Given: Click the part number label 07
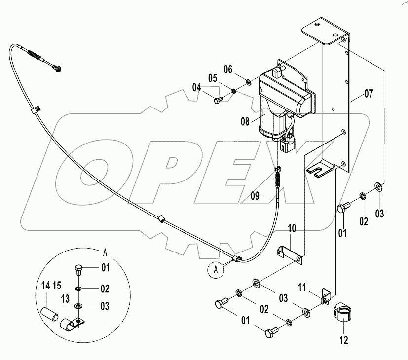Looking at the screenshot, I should (369, 93).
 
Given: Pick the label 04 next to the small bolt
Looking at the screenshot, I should (197, 87).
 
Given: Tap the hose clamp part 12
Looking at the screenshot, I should (341, 314).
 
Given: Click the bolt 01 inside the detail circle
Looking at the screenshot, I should (78, 269).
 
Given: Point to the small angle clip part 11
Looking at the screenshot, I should (325, 298).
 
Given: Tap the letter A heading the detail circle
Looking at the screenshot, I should (104, 251).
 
